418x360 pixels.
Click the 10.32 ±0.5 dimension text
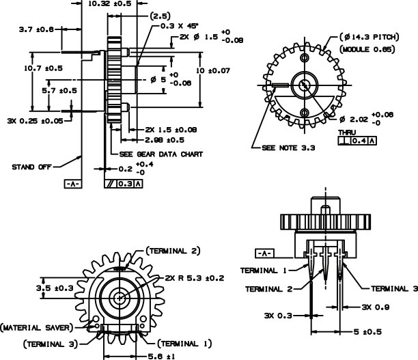[x=109, y=3]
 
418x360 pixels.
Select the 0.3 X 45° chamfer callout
[x=180, y=26]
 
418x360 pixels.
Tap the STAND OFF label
[x=31, y=167]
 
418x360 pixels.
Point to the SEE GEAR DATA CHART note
[x=161, y=154]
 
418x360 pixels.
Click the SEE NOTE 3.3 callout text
[x=288, y=148]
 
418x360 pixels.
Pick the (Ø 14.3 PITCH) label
[x=370, y=37]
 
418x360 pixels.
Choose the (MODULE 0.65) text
[x=367, y=49]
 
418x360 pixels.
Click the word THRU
[x=347, y=133]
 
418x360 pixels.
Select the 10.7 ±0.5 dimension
[x=44, y=68]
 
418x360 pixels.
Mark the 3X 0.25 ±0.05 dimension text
[x=36, y=121]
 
